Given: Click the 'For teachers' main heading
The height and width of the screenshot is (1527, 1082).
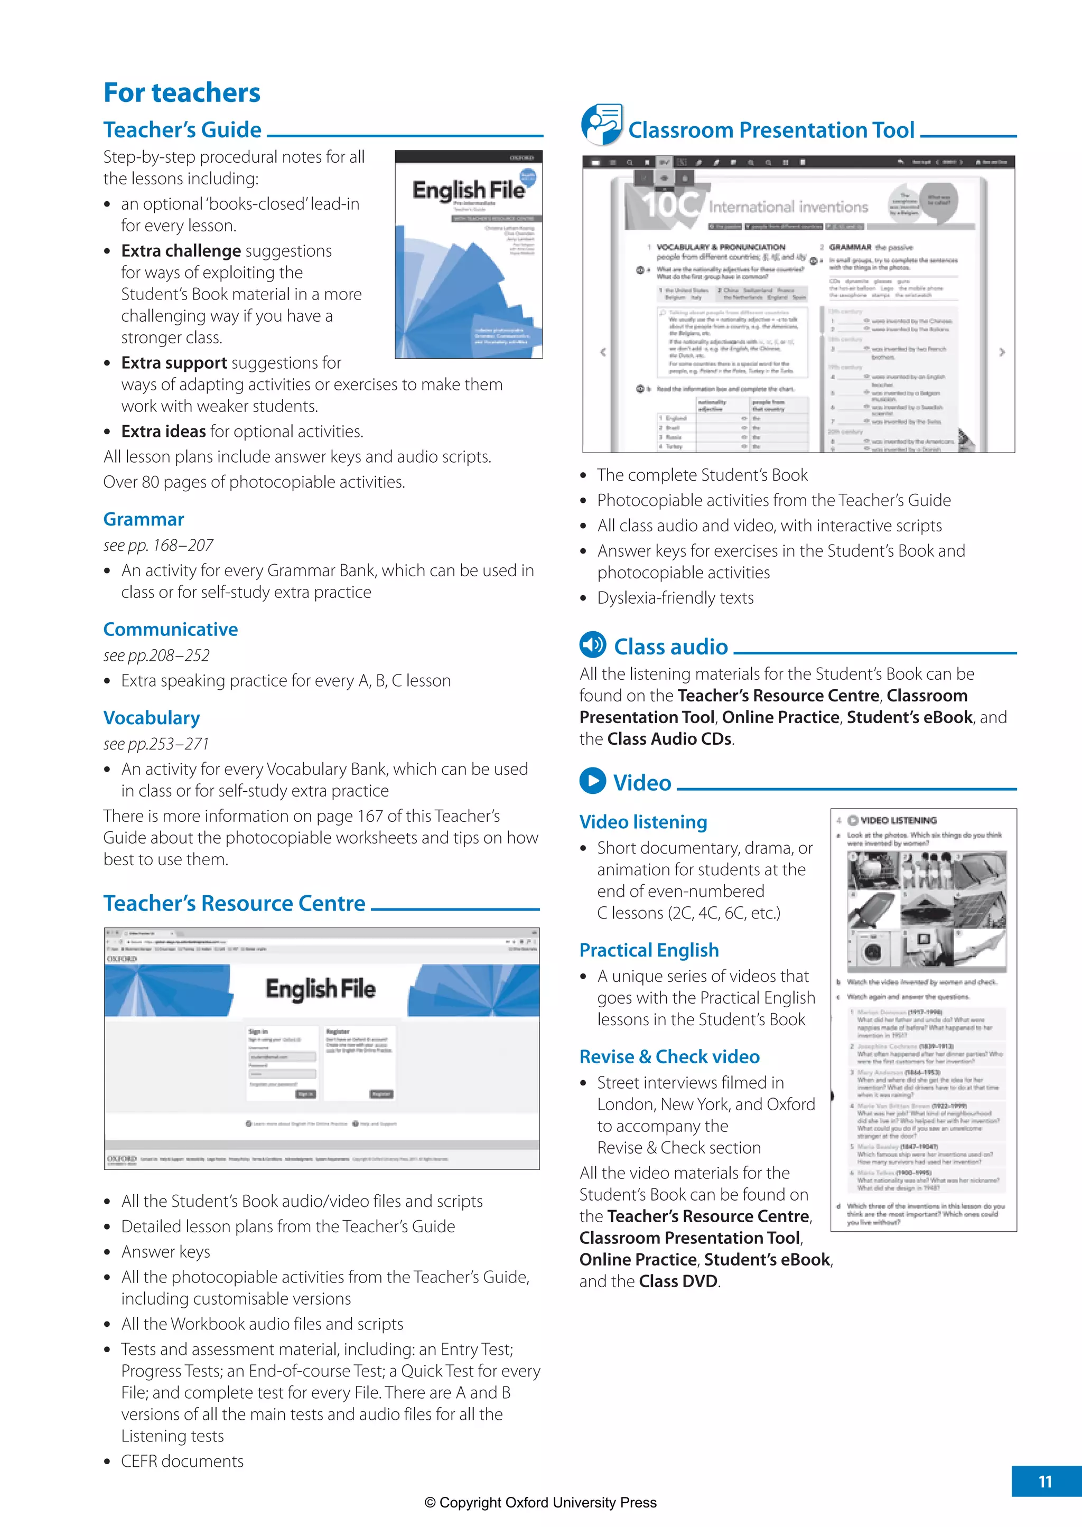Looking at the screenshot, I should tap(181, 92).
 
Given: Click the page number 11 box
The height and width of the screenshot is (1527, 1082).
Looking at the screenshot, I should tap(1046, 1481).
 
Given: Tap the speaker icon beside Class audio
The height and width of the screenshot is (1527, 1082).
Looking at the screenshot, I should tap(592, 644).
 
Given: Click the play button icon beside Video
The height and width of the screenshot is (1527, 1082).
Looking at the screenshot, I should tap(592, 781).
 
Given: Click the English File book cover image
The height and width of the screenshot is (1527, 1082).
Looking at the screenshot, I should tap(469, 255).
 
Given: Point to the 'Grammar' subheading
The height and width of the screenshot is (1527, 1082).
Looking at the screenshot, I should tap(143, 519).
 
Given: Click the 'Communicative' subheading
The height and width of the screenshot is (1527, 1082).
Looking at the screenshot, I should tap(171, 629).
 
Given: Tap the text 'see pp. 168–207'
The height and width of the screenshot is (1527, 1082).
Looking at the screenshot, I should tap(158, 546).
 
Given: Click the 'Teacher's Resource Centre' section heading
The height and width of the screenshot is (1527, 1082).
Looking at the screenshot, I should tap(234, 903).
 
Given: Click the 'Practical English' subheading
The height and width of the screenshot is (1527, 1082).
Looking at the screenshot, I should tap(649, 950).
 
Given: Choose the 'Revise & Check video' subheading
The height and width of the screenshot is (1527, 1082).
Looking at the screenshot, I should tap(669, 1056).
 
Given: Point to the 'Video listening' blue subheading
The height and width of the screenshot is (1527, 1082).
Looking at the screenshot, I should tap(643, 822).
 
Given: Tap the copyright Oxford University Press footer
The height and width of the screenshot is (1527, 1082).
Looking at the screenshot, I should tap(540, 1502).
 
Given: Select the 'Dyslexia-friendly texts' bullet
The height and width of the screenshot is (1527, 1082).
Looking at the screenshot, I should tap(675, 598).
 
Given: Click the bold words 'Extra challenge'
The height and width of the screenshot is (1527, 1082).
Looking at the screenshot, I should tap(181, 251).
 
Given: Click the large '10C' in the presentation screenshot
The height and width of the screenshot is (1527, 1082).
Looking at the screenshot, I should tap(670, 204).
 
